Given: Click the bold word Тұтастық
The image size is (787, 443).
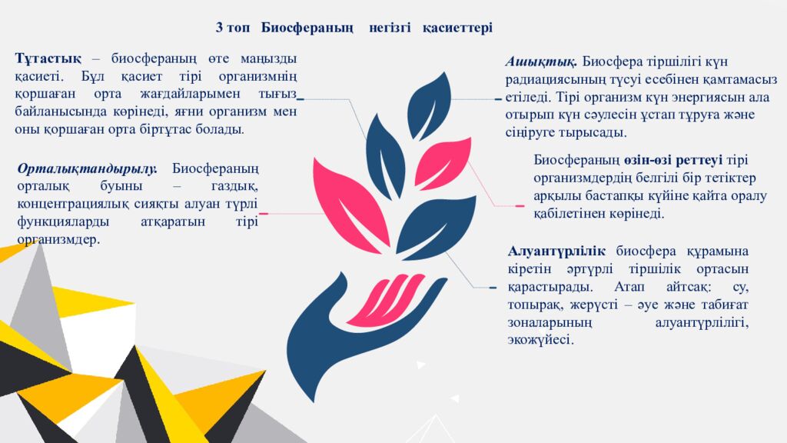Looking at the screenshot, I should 48,59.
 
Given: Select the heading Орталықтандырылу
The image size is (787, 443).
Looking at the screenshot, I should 87,168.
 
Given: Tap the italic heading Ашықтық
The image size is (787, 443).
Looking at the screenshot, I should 541,62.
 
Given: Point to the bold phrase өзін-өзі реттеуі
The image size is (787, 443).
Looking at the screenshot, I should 672,160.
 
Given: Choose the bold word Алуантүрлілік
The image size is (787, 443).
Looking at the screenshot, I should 557,251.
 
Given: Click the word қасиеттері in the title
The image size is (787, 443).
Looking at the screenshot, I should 457,28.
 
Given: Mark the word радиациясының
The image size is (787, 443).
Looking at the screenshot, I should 550,80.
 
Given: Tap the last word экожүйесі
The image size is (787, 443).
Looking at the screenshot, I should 540,340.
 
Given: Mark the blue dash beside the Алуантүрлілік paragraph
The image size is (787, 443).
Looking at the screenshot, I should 493,288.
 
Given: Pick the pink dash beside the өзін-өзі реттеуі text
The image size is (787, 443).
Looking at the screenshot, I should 520,206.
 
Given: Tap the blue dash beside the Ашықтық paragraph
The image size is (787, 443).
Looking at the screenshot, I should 498,100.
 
